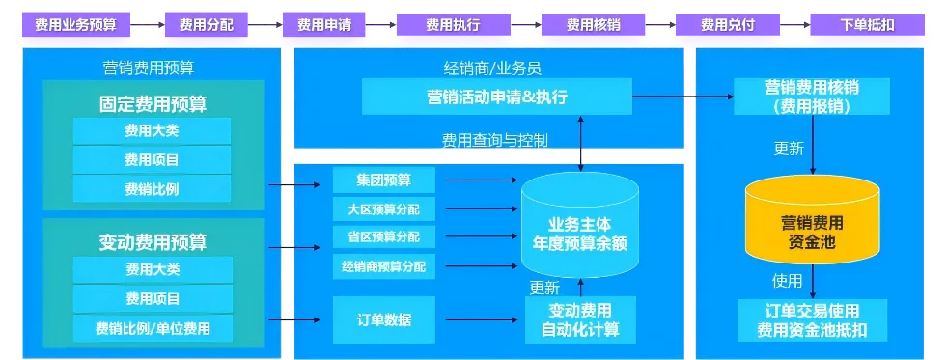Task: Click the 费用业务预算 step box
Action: click(75, 25)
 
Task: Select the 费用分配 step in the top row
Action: click(206, 25)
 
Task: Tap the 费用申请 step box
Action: click(323, 25)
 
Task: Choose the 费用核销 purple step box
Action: click(593, 25)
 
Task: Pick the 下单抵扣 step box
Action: click(867, 25)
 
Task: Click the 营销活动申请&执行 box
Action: click(496, 97)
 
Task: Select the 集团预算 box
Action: click(384, 180)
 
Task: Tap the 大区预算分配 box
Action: click(384, 209)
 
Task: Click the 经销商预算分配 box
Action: click(384, 265)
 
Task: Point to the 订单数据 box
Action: click(384, 319)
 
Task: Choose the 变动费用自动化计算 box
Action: click(580, 319)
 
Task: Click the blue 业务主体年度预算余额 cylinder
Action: click(580, 227)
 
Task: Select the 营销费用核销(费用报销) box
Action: click(812, 97)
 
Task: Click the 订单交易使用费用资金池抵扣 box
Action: click(812, 320)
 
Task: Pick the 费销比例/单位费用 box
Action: click(153, 328)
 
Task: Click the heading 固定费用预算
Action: click(153, 104)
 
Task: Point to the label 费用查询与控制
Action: click(495, 141)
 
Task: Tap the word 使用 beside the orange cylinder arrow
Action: click(788, 281)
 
